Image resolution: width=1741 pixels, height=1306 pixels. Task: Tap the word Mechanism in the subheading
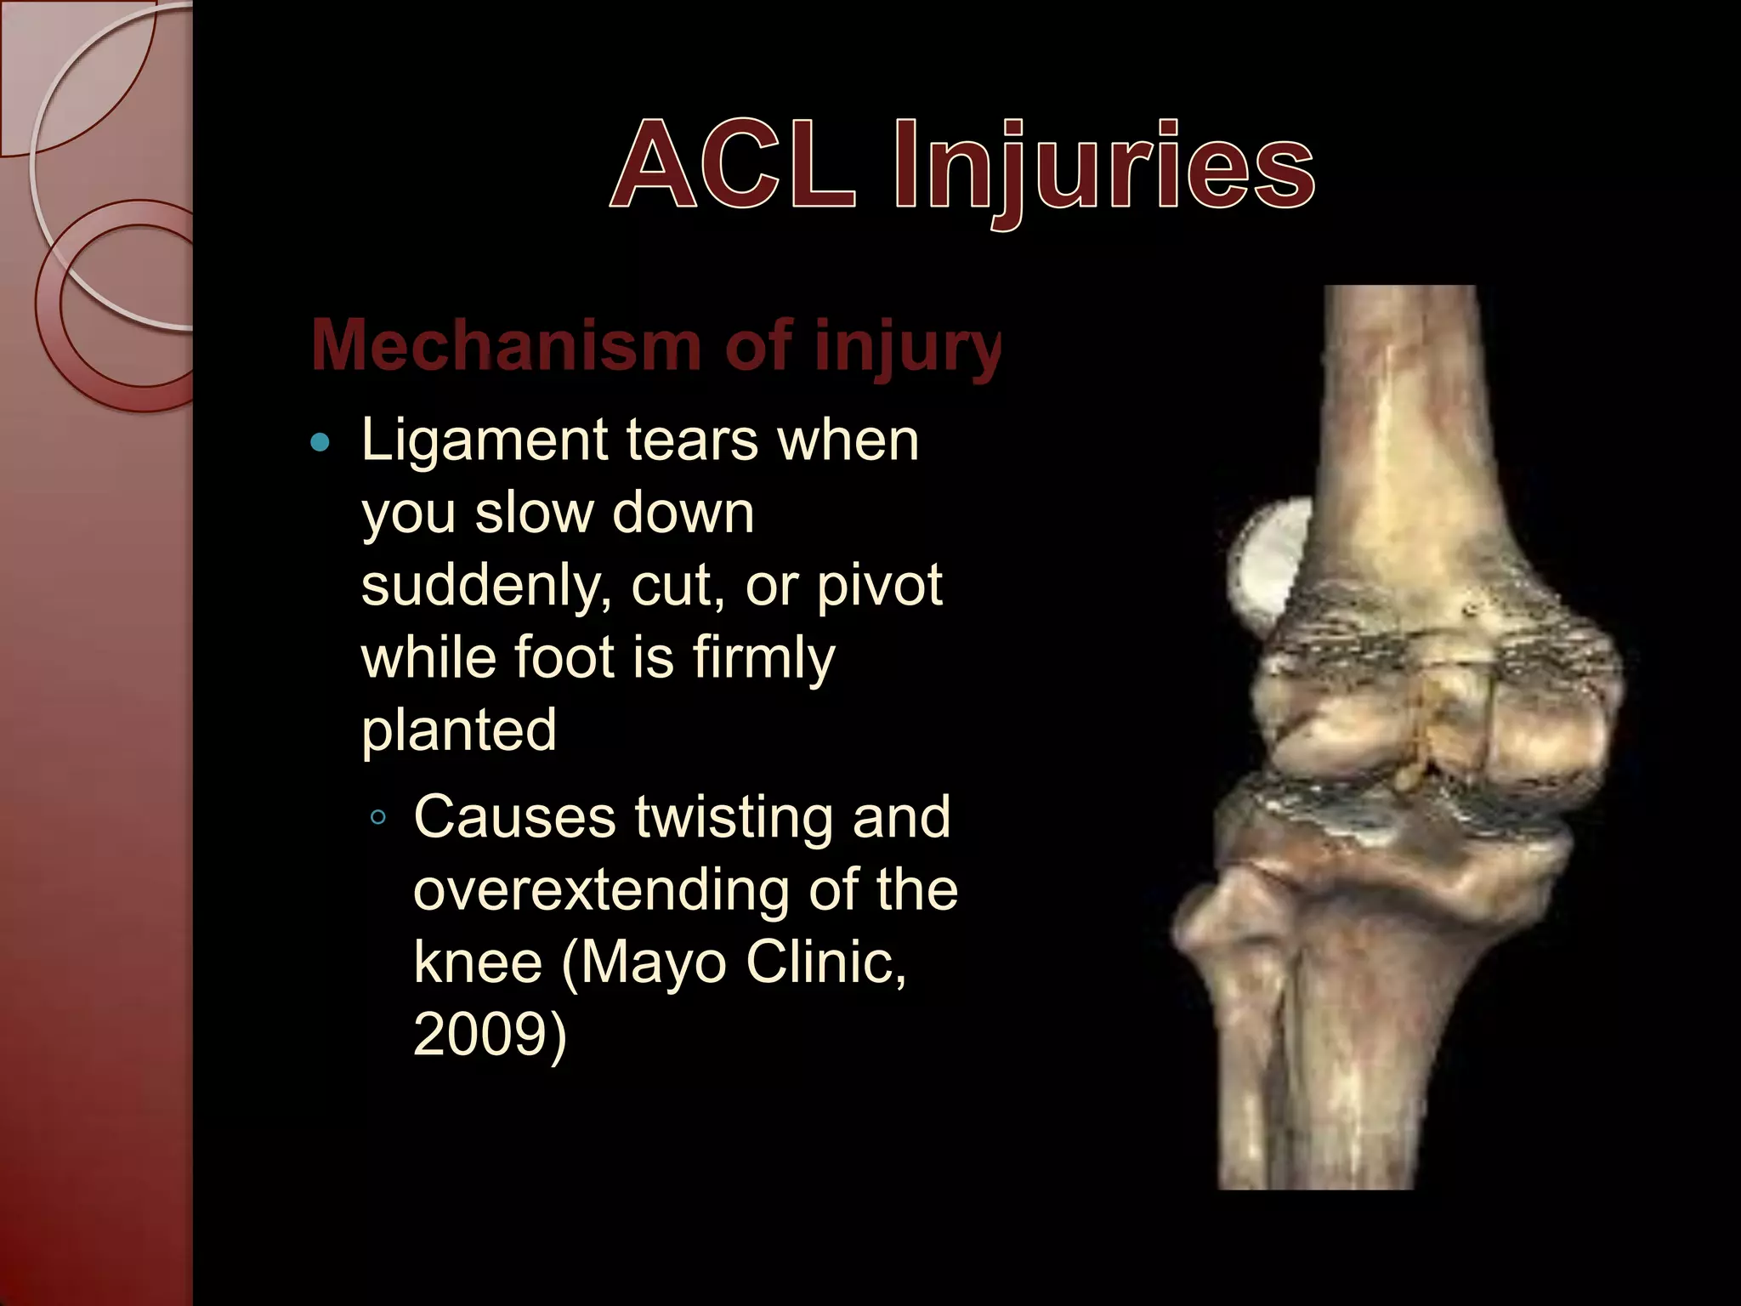point(506,345)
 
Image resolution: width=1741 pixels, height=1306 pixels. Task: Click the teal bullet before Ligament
point(320,442)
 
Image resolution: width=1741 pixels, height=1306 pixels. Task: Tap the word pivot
point(879,587)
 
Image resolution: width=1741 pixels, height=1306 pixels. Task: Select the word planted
point(459,730)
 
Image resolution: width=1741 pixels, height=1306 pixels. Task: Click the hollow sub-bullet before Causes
point(378,818)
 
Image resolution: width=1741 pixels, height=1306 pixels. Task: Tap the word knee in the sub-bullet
point(478,962)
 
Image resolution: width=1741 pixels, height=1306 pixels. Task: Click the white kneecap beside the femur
point(1267,561)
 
